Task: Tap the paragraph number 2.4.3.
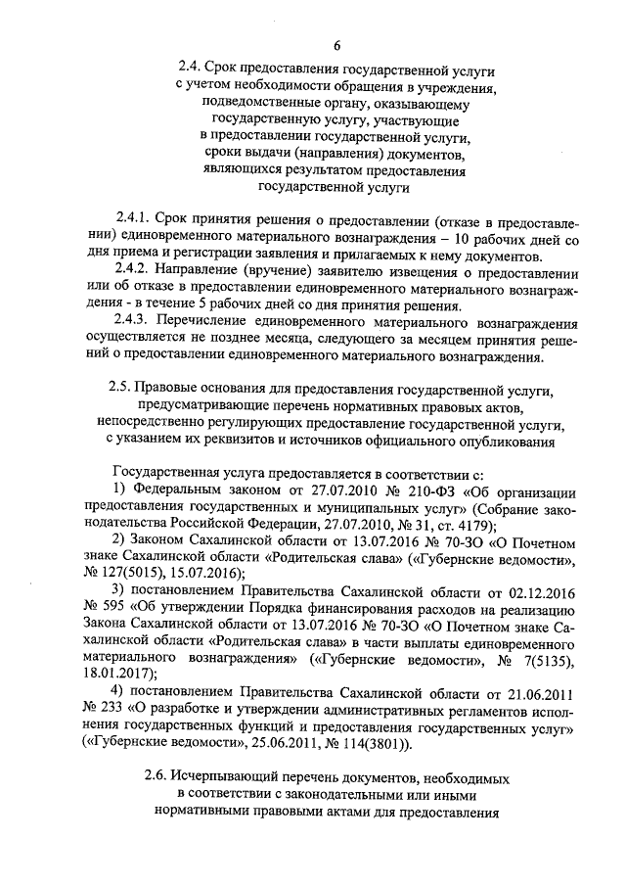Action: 131,323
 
